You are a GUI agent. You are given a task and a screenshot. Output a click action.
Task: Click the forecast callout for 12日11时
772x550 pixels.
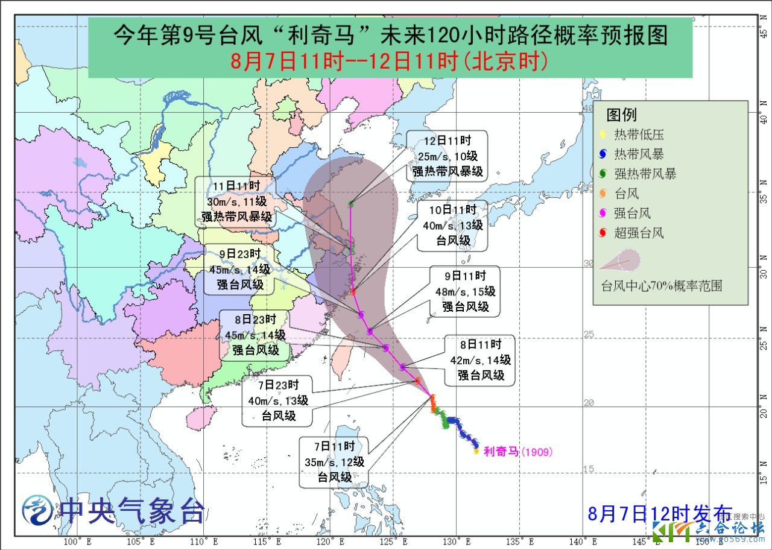tap(447, 156)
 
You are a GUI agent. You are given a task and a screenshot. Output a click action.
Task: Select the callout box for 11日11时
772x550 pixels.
tap(236, 201)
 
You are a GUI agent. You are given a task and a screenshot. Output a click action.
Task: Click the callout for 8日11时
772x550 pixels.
tap(480, 360)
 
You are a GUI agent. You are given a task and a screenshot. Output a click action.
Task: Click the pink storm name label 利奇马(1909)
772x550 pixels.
tap(517, 451)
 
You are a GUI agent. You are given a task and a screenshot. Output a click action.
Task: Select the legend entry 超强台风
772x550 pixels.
tap(639, 233)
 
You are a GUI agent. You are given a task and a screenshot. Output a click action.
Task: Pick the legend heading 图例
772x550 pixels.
tap(621, 115)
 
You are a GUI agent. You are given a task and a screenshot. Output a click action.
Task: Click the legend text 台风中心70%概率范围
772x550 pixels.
tap(661, 285)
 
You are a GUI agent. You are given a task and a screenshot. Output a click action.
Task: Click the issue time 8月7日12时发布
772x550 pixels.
tap(660, 514)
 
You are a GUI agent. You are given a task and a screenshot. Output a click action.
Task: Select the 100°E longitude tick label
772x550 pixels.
tap(74, 541)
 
